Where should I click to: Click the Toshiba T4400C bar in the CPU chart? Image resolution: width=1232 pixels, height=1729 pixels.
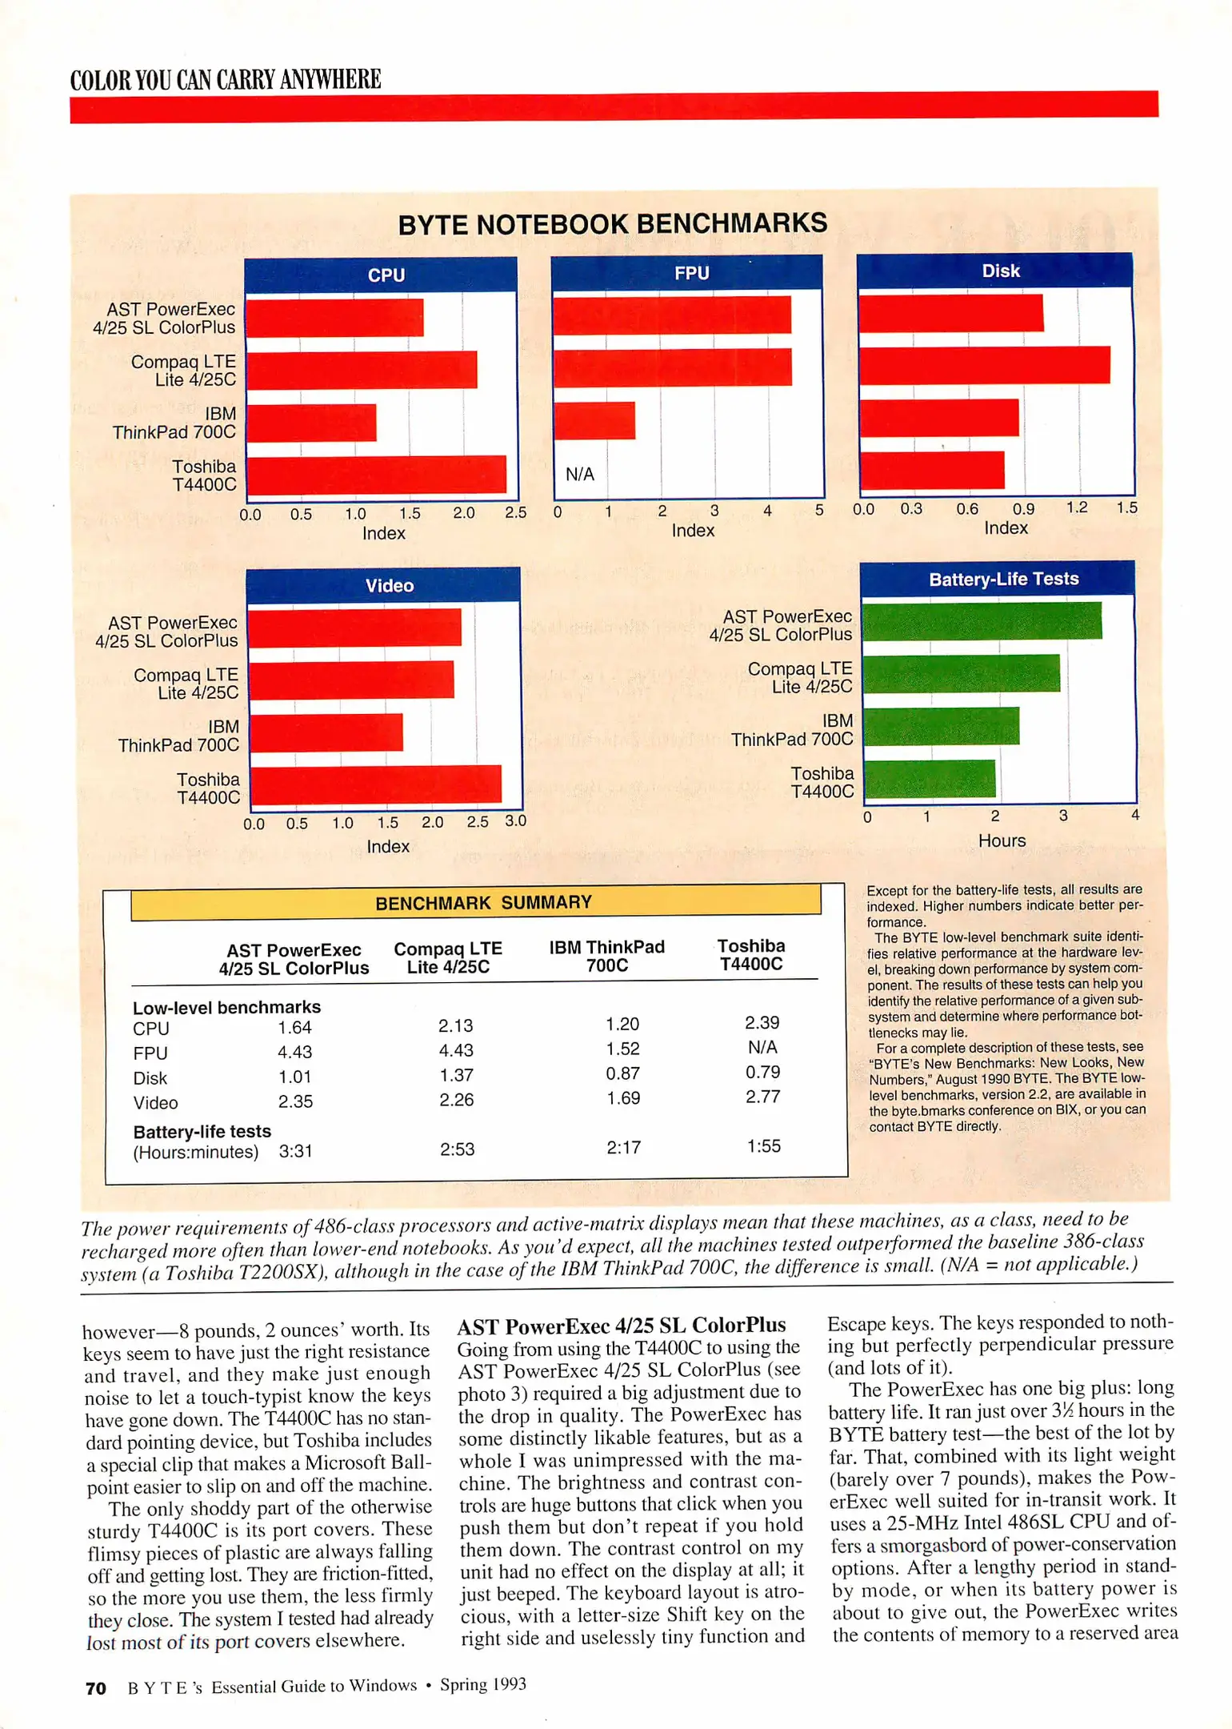point(376,475)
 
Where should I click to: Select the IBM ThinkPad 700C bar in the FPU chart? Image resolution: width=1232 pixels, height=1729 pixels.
point(594,420)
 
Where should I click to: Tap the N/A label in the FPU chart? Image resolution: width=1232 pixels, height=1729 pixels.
point(580,474)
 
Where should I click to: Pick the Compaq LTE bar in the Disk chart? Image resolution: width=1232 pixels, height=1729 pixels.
point(984,365)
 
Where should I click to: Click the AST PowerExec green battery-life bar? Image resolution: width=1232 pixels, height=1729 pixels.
point(982,621)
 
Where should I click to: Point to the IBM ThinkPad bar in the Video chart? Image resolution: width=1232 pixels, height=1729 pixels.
point(326,732)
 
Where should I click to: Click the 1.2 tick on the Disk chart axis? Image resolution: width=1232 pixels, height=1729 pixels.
point(1077,507)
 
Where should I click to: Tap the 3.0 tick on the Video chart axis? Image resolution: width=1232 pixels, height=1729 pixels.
point(515,820)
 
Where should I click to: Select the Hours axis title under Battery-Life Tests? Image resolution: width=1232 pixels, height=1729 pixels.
point(1002,840)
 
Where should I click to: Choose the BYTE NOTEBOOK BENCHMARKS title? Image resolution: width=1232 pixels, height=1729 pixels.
point(613,223)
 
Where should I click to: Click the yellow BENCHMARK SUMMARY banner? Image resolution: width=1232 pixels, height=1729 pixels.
point(483,902)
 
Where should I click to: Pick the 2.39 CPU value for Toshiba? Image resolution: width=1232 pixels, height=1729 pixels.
point(762,1023)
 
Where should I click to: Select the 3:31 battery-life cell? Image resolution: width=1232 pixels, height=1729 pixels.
point(295,1151)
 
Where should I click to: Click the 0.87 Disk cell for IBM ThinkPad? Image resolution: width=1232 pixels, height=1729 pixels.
point(622,1073)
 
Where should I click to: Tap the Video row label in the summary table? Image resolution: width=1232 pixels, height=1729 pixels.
point(155,1103)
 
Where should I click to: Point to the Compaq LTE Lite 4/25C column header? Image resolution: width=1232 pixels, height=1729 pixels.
point(448,957)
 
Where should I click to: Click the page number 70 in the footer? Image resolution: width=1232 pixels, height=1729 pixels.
point(95,1688)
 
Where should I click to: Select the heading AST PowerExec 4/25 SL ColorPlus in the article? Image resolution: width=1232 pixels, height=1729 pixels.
point(622,1326)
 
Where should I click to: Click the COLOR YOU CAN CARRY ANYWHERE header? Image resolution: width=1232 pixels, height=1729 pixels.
point(226,80)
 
